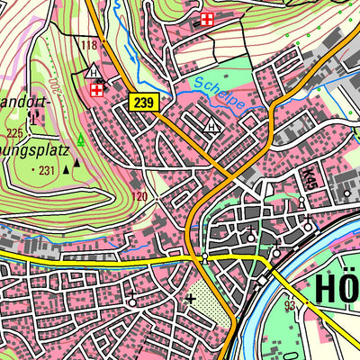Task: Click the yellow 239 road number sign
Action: click(143, 103)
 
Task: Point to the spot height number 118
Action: click(88, 45)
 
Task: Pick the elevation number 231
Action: click(47, 169)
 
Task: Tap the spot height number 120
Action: click(138, 195)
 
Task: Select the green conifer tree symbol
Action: click(81, 139)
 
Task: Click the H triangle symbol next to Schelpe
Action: click(211, 126)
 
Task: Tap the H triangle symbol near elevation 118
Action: click(94, 70)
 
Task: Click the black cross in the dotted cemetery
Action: click(190, 298)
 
